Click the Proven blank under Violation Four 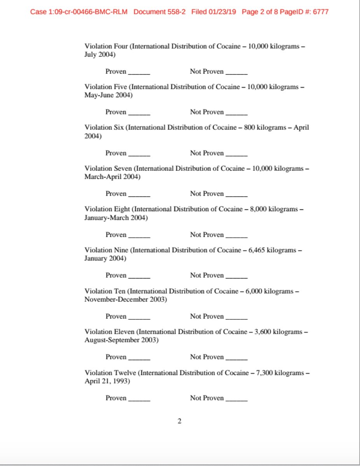139,72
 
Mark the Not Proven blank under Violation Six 236,154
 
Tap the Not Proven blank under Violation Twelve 236,399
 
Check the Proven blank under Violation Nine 139,276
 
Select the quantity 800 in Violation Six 249,128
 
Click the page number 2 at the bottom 180,421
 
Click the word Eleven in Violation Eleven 124,332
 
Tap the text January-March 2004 116,218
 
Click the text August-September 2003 121,340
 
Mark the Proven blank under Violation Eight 139,236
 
